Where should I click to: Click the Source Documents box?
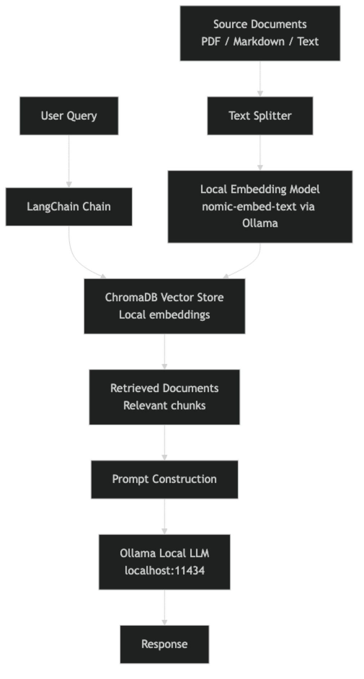[x=260, y=33]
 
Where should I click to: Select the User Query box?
[x=68, y=116]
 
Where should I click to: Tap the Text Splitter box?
[x=260, y=116]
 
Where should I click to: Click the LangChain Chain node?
[x=68, y=207]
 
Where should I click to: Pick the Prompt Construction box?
[x=164, y=479]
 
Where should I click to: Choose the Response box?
[x=164, y=644]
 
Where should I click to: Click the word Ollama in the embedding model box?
[x=260, y=223]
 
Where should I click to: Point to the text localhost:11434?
[x=164, y=571]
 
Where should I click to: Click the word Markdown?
[x=259, y=41]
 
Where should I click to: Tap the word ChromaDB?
[x=131, y=297]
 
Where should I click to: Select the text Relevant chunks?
[x=164, y=405]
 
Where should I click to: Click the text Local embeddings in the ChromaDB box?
[x=164, y=315]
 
